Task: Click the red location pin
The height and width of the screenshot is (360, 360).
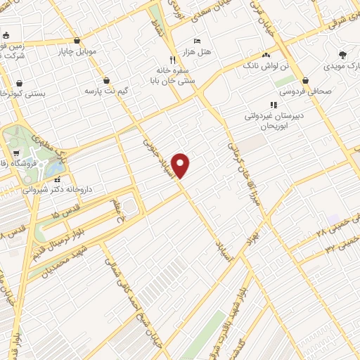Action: (181, 165)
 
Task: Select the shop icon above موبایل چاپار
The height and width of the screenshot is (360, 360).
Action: (77, 40)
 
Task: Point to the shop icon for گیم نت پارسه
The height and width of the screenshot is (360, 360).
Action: (106, 80)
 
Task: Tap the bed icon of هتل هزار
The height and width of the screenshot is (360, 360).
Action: (197, 41)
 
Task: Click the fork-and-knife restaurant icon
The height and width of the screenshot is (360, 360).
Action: (172, 60)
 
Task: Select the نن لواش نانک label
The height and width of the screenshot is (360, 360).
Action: (266, 65)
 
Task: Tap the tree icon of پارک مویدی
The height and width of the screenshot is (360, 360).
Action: (342, 55)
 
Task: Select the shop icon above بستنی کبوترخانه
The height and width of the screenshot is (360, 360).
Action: (21, 82)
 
